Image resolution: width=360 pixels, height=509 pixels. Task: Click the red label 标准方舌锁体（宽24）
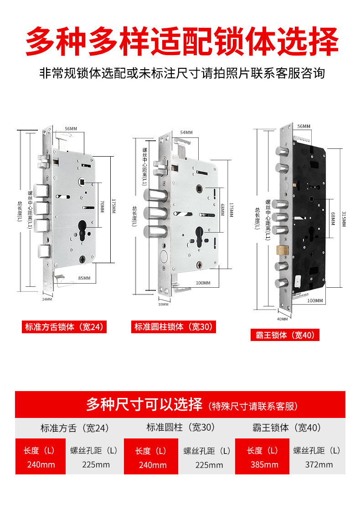[64, 327]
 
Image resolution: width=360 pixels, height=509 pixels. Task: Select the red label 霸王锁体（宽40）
[285, 335]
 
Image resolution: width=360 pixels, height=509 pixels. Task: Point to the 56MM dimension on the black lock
[303, 126]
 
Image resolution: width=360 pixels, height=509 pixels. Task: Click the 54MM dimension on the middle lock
[186, 132]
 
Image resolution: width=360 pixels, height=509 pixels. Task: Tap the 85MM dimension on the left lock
[84, 278]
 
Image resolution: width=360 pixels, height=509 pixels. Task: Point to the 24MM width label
[47, 299]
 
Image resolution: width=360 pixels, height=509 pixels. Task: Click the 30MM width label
[162, 305]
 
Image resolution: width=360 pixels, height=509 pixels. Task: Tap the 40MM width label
[283, 312]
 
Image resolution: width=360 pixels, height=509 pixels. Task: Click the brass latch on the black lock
[282, 249]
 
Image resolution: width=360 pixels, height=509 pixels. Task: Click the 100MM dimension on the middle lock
[203, 283]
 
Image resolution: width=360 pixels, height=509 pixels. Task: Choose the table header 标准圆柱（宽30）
[180, 428]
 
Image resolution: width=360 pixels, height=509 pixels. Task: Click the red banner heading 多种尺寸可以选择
[144, 404]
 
